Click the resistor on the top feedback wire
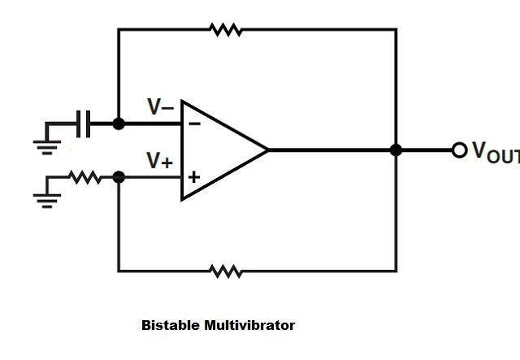(x=225, y=30)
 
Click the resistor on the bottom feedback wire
(x=225, y=271)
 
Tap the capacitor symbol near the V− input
(x=83, y=124)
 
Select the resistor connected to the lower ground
(x=85, y=177)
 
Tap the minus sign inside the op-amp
(x=194, y=124)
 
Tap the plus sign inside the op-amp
(x=194, y=176)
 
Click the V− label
(x=160, y=106)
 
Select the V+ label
(x=159, y=161)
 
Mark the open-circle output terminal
(x=459, y=150)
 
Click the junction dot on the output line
(x=396, y=150)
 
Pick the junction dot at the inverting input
(x=119, y=124)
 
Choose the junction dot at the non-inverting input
(x=119, y=176)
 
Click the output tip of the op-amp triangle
(x=266, y=150)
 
